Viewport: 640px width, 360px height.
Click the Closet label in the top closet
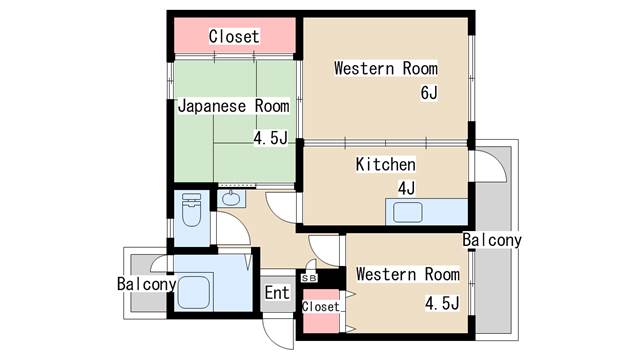tap(234, 36)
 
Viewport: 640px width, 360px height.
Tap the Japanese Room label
tap(233, 106)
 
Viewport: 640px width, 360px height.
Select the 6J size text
tap(429, 93)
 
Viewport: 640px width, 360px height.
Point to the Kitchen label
tap(386, 164)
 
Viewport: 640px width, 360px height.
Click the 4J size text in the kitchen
tap(407, 188)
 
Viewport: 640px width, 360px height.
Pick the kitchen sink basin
tap(407, 212)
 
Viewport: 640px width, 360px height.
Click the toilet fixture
tap(191, 210)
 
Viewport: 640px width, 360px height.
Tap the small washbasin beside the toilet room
tap(231, 198)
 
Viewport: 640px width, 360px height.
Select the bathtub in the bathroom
tap(193, 292)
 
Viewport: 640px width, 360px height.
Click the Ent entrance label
tap(277, 293)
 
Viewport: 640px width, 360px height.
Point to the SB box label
tap(309, 278)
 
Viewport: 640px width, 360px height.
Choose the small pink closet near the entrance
tap(321, 311)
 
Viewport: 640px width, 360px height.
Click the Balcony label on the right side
tap(492, 240)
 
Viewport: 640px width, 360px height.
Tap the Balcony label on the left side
tap(147, 284)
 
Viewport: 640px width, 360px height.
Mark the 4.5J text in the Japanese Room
tap(271, 138)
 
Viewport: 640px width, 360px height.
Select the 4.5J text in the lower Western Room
tap(442, 303)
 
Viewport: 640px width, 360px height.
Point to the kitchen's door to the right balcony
tap(492, 166)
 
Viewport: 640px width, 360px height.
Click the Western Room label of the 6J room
tap(386, 68)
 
